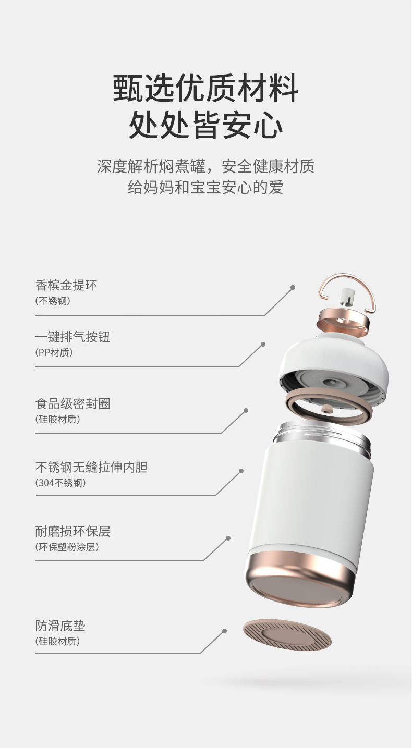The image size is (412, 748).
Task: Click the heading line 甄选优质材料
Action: (x=206, y=88)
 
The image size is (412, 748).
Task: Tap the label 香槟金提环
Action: (x=66, y=285)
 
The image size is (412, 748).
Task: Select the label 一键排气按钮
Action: (x=72, y=337)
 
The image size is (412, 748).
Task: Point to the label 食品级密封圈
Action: (x=72, y=403)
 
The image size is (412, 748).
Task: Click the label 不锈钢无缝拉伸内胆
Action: (x=91, y=467)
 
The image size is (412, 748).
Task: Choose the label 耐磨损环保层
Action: (x=72, y=531)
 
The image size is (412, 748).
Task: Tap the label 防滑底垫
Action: (x=60, y=626)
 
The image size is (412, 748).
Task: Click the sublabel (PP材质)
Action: (x=54, y=352)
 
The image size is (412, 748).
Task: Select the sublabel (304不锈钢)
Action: (x=60, y=483)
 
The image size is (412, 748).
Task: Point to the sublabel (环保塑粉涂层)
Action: (x=67, y=547)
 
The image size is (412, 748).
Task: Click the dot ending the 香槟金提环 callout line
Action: (x=293, y=287)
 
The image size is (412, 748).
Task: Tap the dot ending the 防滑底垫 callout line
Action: (x=225, y=631)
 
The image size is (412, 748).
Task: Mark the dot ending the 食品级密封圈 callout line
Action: (x=246, y=410)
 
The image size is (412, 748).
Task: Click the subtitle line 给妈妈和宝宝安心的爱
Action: (x=206, y=187)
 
